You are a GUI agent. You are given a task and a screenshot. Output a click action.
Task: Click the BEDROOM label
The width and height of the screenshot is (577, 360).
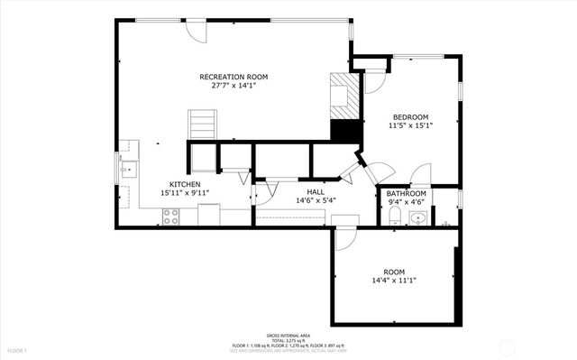[x=409, y=116]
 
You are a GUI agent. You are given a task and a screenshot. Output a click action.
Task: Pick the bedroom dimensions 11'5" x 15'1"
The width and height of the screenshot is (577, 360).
[x=409, y=126]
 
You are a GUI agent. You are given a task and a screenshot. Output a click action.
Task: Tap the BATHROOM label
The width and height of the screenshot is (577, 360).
[x=406, y=194]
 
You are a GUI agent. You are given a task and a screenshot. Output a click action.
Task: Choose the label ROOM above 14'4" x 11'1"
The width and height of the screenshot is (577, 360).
[x=394, y=271]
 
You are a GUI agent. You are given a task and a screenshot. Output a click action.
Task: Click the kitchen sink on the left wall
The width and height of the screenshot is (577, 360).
[x=127, y=167]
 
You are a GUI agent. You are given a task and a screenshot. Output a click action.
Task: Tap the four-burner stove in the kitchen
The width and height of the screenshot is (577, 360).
[x=169, y=216]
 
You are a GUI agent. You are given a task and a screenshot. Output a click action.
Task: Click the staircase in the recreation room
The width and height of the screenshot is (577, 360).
[x=203, y=124]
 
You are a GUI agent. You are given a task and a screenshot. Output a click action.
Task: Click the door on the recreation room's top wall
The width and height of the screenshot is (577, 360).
[x=196, y=28]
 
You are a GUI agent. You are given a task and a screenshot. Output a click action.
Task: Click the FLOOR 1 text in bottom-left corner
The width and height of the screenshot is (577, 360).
[x=17, y=350]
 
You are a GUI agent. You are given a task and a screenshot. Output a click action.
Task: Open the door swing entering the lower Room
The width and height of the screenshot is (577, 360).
[x=345, y=237]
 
